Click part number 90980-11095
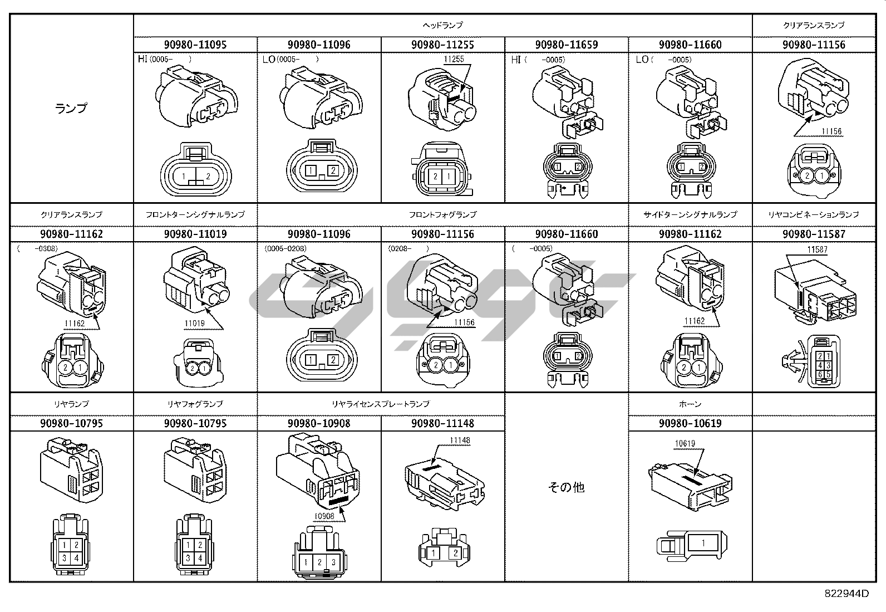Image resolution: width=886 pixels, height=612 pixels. pyautogui.click(x=195, y=45)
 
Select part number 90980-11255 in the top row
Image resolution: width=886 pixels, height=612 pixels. pyautogui.click(x=442, y=45)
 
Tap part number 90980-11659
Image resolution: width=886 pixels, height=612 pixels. pyautogui.click(x=566, y=45)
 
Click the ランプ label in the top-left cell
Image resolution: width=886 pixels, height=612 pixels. pyautogui.click(x=72, y=108)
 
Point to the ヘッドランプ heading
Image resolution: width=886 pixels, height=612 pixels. pyautogui.click(x=442, y=25)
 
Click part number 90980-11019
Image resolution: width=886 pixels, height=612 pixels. pyautogui.click(x=195, y=234)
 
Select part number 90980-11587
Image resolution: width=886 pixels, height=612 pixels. pyautogui.click(x=813, y=234)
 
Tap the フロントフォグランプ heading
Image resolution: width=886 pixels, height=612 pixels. pyautogui.click(x=442, y=214)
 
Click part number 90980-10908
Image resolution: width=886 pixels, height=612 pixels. pyautogui.click(x=319, y=423)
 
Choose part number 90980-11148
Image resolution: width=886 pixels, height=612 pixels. pyautogui.click(x=442, y=423)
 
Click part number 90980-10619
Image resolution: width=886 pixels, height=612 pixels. pyautogui.click(x=690, y=423)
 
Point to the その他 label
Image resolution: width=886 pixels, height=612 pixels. pyautogui.click(x=566, y=487)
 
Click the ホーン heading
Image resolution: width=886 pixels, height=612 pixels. pyautogui.click(x=690, y=404)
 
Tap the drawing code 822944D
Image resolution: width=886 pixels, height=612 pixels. pyautogui.click(x=846, y=594)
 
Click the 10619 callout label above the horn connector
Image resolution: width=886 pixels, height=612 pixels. pyautogui.click(x=685, y=444)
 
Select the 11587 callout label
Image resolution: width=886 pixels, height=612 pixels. pyautogui.click(x=816, y=249)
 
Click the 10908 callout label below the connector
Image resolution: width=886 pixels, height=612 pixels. pyautogui.click(x=324, y=516)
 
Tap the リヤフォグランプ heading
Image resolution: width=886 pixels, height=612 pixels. pyautogui.click(x=195, y=404)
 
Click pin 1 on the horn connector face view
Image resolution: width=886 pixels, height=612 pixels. pyautogui.click(x=703, y=543)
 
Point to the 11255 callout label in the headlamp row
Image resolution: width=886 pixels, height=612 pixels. pyautogui.click(x=454, y=59)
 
